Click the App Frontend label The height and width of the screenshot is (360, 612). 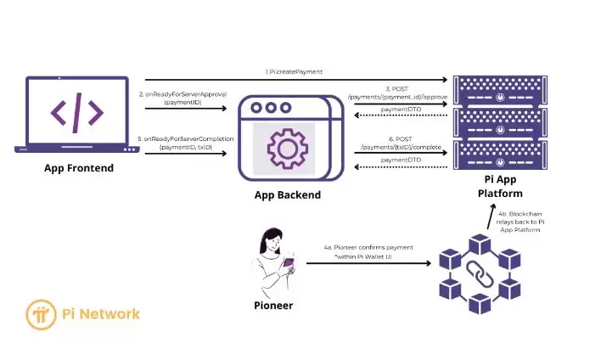[78, 168]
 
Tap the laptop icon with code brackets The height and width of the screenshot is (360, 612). [76, 113]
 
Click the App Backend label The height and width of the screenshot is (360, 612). [287, 194]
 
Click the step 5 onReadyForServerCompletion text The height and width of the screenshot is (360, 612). [183, 142]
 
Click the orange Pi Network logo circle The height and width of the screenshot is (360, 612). [41, 313]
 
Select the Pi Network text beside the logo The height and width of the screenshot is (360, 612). [102, 313]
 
